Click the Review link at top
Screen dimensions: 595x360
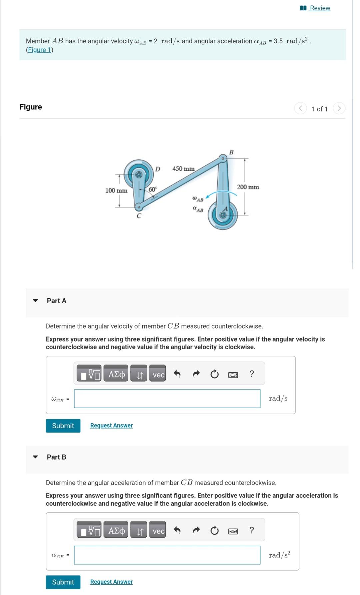click(x=319, y=8)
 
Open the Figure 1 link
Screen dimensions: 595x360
click(x=39, y=50)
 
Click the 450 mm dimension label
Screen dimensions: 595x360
click(x=183, y=169)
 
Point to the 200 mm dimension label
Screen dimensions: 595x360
click(x=248, y=187)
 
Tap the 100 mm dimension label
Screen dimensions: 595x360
click(x=116, y=190)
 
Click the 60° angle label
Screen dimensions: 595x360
click(x=153, y=189)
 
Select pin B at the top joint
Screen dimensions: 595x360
click(x=223, y=158)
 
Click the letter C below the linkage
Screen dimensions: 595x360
click(x=139, y=216)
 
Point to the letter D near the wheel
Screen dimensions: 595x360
click(x=158, y=169)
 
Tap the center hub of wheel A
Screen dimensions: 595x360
click(x=223, y=215)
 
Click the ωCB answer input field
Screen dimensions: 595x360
click(x=167, y=399)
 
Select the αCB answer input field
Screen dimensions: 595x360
click(x=167, y=555)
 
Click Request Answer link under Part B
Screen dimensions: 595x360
click(x=111, y=582)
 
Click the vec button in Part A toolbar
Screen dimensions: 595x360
click(x=158, y=375)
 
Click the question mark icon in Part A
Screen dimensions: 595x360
click(x=252, y=374)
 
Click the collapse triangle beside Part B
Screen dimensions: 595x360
click(x=35, y=457)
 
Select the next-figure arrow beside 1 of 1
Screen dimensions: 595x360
click(x=339, y=108)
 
